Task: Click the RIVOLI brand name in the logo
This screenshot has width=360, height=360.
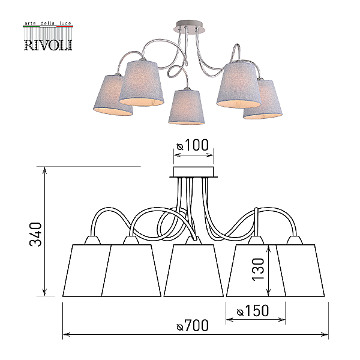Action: click(x=48, y=45)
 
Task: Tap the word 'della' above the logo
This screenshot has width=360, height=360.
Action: click(x=47, y=23)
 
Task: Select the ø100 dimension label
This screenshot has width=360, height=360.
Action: click(x=193, y=145)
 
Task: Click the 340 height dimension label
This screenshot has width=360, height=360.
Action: click(x=36, y=234)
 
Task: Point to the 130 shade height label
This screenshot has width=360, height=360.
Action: click(x=258, y=269)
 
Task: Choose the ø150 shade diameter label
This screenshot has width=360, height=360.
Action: click(x=253, y=311)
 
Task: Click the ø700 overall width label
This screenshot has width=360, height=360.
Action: click(x=193, y=325)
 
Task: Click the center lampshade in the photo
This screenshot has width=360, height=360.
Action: click(x=186, y=107)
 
